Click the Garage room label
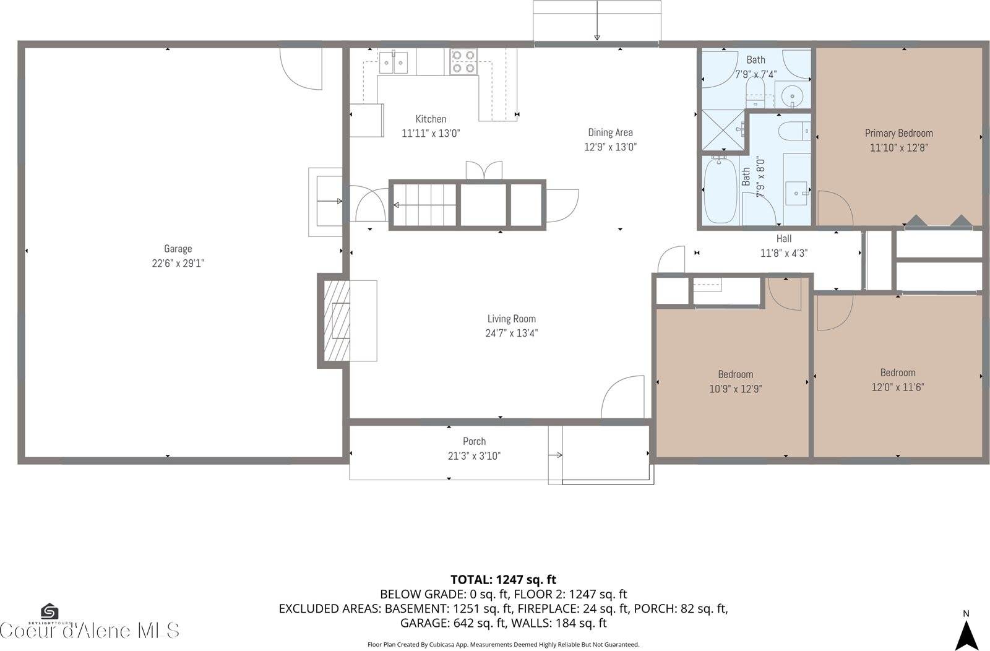coord(178,249)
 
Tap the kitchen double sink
coord(394,63)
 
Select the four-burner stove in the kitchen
coord(463,62)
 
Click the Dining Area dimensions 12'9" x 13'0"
coord(610,147)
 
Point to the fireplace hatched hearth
coord(337,321)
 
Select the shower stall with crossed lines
coord(723,131)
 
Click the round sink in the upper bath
coord(791,96)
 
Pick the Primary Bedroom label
coord(898,133)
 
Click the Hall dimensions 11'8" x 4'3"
coord(783,253)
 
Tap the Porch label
coord(474,441)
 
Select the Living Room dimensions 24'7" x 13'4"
coord(511,334)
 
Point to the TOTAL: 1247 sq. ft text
coord(503,580)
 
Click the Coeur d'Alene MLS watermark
coord(90,631)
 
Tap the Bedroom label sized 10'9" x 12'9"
coord(735,374)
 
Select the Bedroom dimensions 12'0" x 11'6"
coord(897,387)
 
